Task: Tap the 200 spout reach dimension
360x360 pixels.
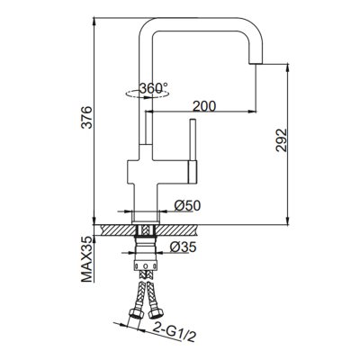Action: [x=203, y=106]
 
